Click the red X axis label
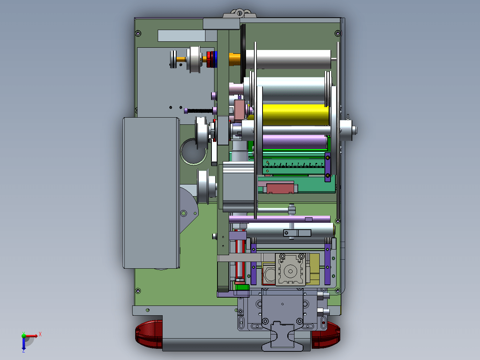[x=40, y=334]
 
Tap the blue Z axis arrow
[x=24, y=343]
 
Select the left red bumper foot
[x=149, y=334]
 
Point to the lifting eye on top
[x=240, y=14]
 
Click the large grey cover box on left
[x=151, y=193]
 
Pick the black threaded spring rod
[x=199, y=111]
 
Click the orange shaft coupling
[x=235, y=59]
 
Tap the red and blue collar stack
[x=212, y=59]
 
